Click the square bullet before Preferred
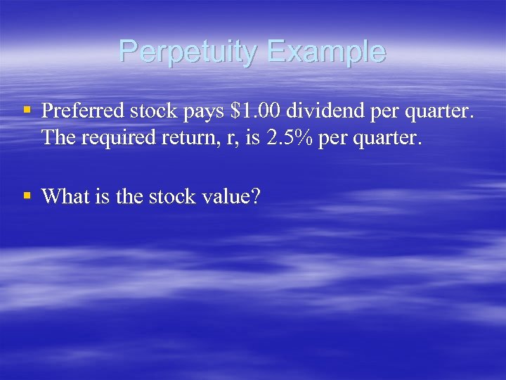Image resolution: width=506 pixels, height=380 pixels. tap(27, 110)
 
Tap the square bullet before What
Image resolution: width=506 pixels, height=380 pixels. tap(27, 196)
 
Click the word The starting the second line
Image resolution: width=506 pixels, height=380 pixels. tap(58, 138)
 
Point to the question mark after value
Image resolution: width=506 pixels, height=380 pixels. tap(255, 196)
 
